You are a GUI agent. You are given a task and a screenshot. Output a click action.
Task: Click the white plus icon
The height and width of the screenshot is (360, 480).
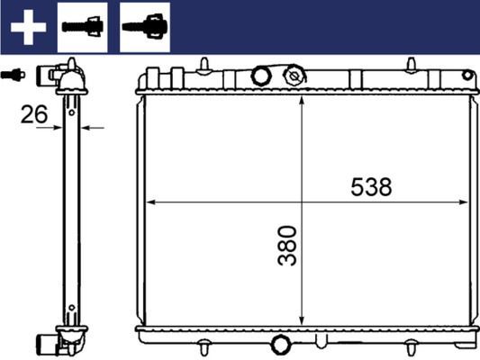pos(28,27)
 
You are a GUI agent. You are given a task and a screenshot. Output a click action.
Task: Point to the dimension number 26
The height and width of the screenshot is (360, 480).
pos(35,113)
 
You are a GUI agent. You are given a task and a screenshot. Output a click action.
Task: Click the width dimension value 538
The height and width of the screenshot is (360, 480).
pos(372,186)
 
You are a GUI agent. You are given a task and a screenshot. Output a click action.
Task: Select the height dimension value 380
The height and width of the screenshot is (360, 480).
pos(287,246)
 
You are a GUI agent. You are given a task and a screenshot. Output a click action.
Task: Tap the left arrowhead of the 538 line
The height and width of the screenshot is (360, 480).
pos(150,202)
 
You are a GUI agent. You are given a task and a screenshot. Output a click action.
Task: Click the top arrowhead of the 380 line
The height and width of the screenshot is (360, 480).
pos(301,98)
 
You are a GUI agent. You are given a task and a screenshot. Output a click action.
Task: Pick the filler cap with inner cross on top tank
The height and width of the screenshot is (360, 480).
pos(294,77)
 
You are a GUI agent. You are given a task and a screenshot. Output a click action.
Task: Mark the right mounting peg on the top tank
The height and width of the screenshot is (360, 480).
pos(411,65)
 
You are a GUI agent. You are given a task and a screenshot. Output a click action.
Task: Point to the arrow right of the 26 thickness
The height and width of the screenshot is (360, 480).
pos(93,128)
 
